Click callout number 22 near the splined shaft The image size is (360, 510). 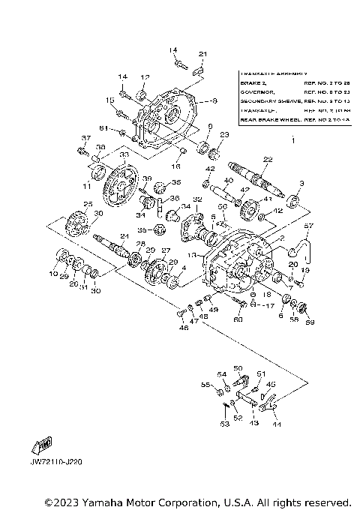coord(268,159)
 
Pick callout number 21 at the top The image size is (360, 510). coord(202,54)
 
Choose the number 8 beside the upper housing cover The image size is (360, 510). coord(214,100)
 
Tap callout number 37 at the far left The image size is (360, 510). coord(86,138)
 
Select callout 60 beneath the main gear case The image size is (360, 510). coord(238,319)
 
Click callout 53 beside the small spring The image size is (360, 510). coord(224,424)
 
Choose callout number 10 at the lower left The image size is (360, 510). coord(52,275)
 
